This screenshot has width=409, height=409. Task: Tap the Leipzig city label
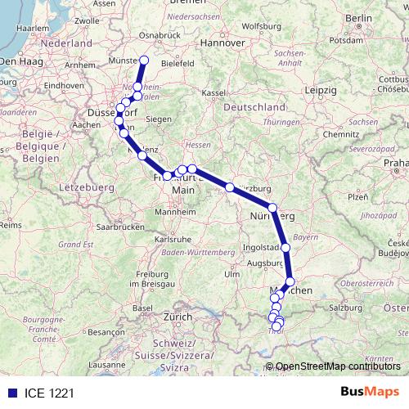(325, 89)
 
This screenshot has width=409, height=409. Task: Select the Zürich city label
(177, 316)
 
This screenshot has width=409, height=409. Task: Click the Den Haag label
(19, 61)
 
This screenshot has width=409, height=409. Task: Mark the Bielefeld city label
(177, 61)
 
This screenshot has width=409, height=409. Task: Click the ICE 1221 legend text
(42, 393)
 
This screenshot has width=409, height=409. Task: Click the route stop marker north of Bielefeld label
(144, 60)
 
